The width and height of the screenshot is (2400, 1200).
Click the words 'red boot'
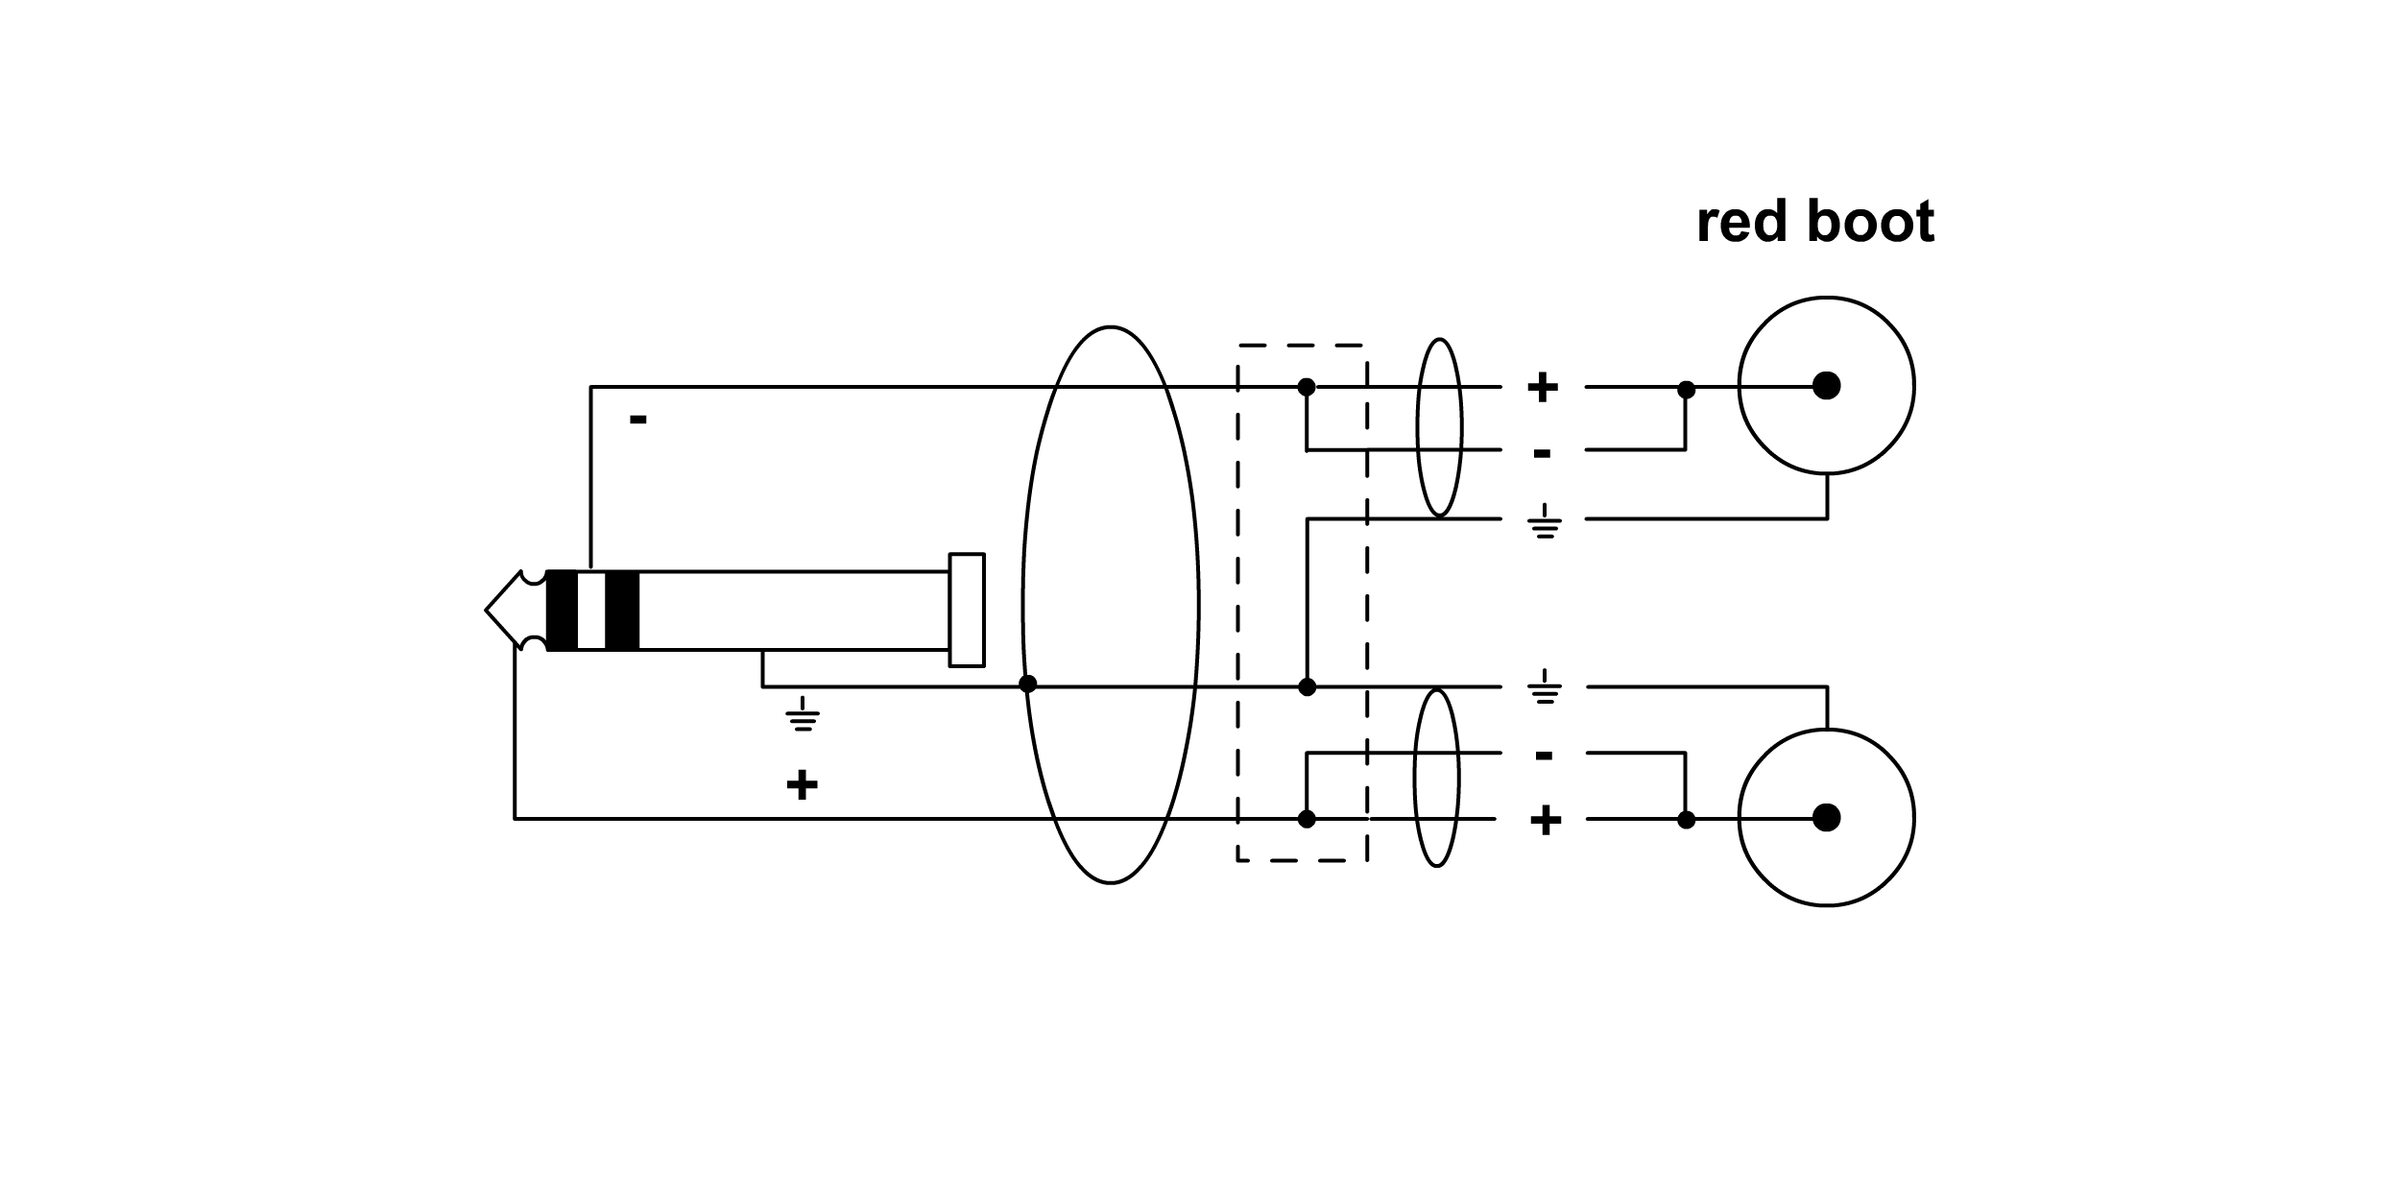point(1814,224)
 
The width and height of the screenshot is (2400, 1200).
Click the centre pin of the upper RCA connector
point(1826,386)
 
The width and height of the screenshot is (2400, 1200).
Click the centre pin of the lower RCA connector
point(1826,818)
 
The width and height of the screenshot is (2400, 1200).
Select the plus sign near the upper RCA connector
point(1543,388)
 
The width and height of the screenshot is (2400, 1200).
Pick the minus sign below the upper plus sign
point(1542,453)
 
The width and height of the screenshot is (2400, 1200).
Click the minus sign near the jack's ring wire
point(637,420)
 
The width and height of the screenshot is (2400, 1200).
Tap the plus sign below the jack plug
point(802,785)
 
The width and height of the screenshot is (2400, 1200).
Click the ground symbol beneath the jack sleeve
point(803,715)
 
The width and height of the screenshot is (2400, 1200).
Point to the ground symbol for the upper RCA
point(1544,522)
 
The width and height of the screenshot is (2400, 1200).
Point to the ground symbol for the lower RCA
point(1544,688)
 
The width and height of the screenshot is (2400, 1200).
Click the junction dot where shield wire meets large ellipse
point(1027,684)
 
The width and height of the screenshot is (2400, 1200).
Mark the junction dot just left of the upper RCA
point(1686,390)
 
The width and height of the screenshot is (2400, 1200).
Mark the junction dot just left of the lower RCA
point(1686,820)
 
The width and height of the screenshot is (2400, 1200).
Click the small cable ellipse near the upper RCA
point(1439,427)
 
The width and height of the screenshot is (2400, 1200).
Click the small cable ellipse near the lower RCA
point(1436,778)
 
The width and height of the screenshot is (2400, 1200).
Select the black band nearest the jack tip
point(562,611)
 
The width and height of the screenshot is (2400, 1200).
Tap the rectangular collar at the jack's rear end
point(967,610)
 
